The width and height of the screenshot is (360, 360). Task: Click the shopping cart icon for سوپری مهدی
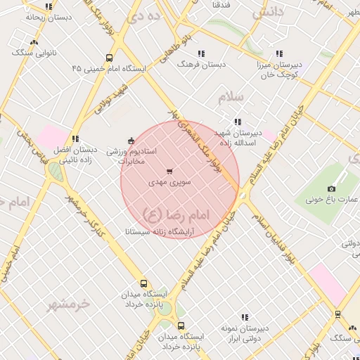click(169, 171)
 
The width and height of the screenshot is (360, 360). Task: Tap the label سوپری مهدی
click(169, 181)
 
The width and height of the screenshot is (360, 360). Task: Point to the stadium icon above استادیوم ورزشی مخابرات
click(131, 140)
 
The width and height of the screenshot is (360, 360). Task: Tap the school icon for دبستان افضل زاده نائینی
click(75, 139)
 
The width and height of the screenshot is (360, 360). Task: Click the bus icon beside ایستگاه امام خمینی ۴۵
click(109, 58)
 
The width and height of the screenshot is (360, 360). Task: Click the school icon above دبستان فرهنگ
click(202, 53)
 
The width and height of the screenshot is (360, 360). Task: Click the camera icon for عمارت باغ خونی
click(332, 188)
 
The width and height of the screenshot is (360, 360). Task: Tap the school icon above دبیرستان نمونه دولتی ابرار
click(244, 318)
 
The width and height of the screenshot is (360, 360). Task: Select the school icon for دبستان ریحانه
click(48, 6)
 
